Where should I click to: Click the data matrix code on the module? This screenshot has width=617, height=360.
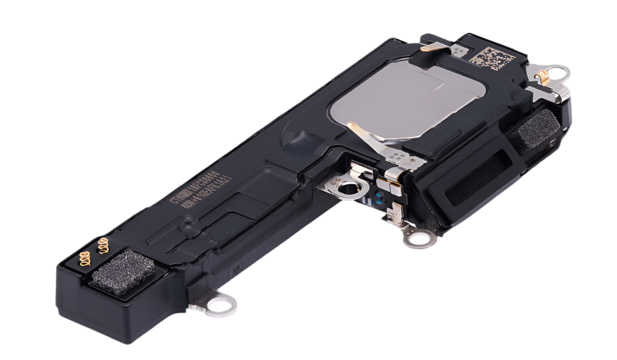click(x=493, y=59)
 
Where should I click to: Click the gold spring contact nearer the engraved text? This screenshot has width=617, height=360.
click(x=104, y=246)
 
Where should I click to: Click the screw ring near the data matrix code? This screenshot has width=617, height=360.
click(x=559, y=73)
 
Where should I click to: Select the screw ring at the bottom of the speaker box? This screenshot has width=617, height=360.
click(x=417, y=237)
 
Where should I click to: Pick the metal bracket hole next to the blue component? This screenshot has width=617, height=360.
click(x=347, y=188)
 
